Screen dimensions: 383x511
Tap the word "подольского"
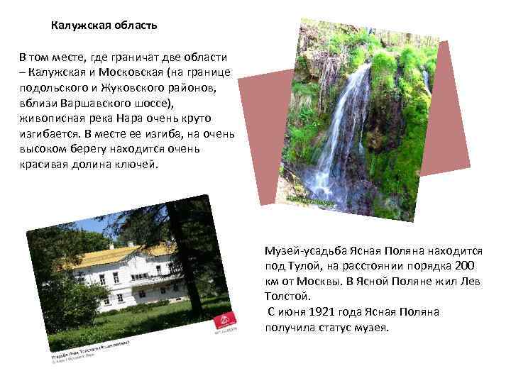pyautogui.click(x=50, y=87)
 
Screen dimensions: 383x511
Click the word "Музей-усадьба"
pyautogui.click(x=301, y=252)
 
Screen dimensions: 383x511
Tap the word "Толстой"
pyautogui.click(x=287, y=297)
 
